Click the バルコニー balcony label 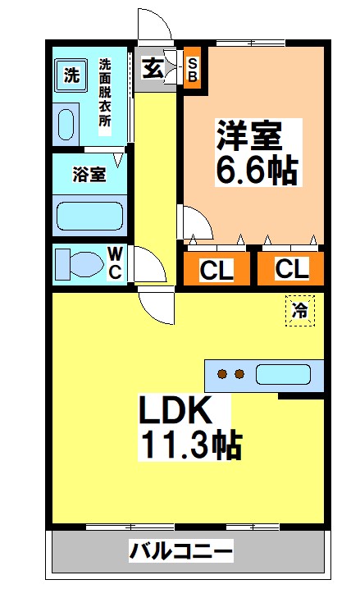pyautogui.click(x=181, y=551)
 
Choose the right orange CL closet pyautogui.click(x=291, y=269)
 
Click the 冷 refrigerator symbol pyautogui.click(x=300, y=310)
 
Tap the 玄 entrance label pyautogui.click(x=153, y=68)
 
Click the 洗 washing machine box pyautogui.click(x=72, y=76)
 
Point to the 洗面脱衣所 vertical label pyautogui.click(x=105, y=91)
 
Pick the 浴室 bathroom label pyautogui.click(x=88, y=174)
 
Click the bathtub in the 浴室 pyautogui.click(x=89, y=216)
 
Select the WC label pyautogui.click(x=115, y=264)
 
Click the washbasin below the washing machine pyautogui.click(x=66, y=124)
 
